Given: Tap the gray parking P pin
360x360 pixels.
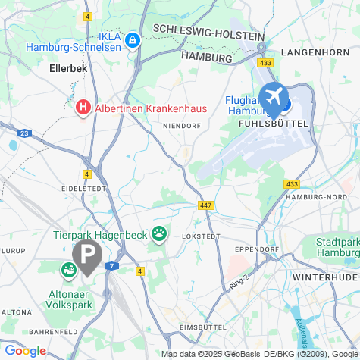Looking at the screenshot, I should [88, 255].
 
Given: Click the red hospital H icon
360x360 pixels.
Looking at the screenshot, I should [84, 108].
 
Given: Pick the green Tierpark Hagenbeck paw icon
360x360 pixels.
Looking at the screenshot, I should [159, 233].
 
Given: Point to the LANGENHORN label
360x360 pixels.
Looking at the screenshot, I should [313, 52].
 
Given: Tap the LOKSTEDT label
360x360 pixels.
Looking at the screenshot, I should [201, 236].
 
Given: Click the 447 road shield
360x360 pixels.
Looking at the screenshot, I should [206, 205].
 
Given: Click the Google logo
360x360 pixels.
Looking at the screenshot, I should [24, 351].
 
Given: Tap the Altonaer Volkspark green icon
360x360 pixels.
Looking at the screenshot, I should [68, 269].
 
